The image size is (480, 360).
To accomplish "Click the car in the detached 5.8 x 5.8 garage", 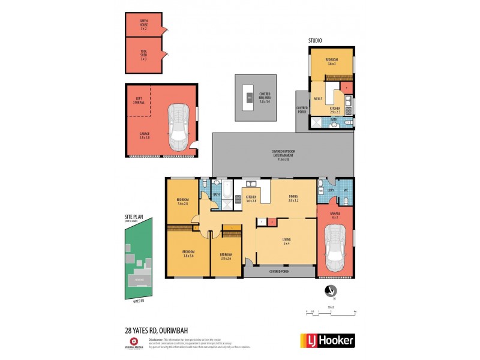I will [x=179, y=127].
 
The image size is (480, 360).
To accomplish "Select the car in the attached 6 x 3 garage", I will [x=335, y=248].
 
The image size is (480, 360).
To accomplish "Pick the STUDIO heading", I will [x=315, y=40].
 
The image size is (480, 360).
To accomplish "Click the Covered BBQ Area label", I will [x=265, y=98].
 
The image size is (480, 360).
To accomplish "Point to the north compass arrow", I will [x=329, y=290].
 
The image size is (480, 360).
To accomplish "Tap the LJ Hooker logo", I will [x=327, y=340].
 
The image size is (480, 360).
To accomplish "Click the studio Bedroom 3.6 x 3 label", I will [x=331, y=61].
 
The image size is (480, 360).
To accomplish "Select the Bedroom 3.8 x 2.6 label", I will [x=226, y=256].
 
